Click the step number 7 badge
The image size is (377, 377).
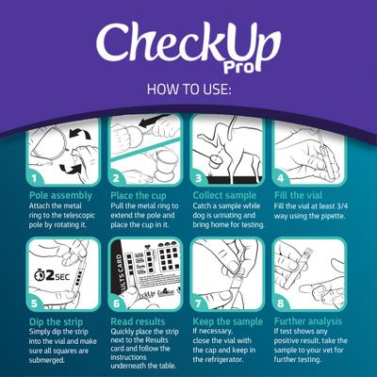click(199, 304)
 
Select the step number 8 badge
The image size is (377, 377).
click(281, 304)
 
